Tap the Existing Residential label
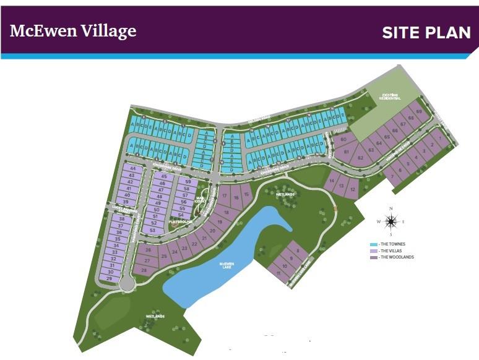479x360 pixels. [390, 96]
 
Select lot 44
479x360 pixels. [132, 168]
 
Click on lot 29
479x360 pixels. [110, 279]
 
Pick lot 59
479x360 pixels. [188, 181]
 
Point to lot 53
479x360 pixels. [152, 230]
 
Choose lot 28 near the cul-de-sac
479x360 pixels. [144, 270]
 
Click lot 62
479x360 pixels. [360, 158]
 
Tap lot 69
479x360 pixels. [418, 112]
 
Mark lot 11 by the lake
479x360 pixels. [279, 273]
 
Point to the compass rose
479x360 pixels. [391, 221]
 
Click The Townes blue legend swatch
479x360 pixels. [373, 246]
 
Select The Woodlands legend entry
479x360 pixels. [396, 257]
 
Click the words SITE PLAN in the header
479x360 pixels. [426, 32]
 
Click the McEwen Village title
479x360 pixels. [73, 31]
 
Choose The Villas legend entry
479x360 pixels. [392, 251]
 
